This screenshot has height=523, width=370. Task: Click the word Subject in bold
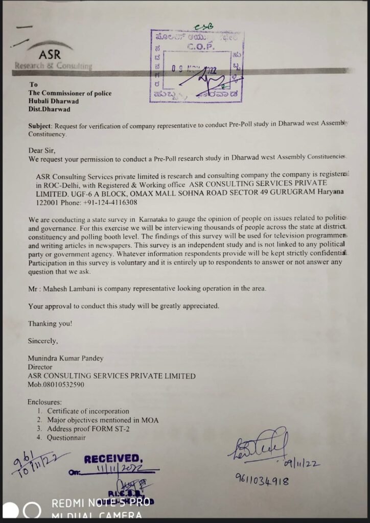pos(39,126)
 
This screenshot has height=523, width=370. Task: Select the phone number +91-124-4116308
pos(110,203)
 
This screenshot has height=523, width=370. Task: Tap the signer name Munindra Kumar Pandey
pos(66,358)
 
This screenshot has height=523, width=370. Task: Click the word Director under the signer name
pos(40,367)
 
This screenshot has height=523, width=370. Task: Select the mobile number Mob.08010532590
pos(56,385)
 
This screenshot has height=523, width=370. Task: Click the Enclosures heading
pos(45,402)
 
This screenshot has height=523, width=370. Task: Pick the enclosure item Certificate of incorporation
pos(88,411)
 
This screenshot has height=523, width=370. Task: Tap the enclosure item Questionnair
pos(66,438)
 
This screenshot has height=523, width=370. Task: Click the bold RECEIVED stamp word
pos(111,459)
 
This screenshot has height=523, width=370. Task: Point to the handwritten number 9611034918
pos(262,480)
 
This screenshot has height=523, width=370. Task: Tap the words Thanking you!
pos(50,323)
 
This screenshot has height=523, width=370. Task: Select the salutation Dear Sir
pos(41,151)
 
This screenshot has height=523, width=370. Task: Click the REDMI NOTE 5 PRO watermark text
pos(101,503)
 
